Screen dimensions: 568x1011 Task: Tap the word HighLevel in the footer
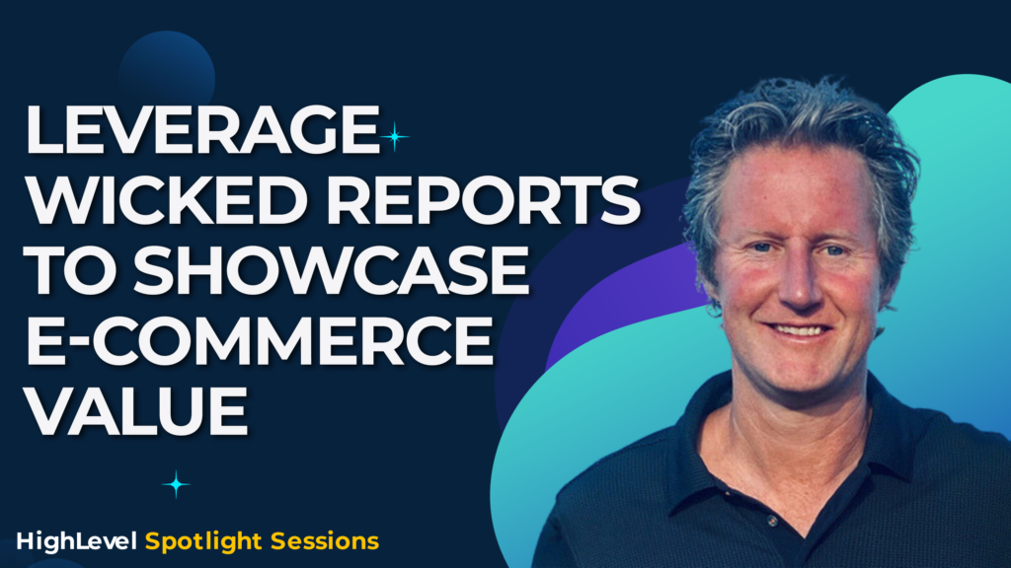(x=77, y=541)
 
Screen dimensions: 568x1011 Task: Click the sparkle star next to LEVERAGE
(x=394, y=136)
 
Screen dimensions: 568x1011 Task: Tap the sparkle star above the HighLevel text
(x=177, y=484)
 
